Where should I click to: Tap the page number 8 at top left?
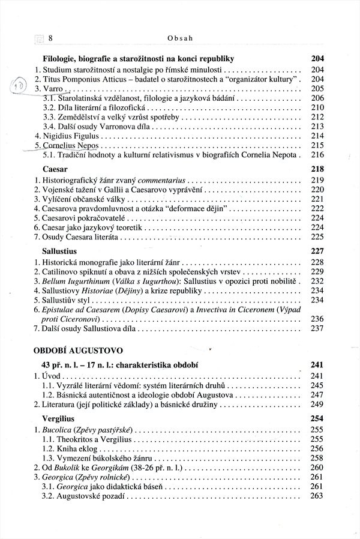coord(51,38)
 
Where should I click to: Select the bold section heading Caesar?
coord(55,169)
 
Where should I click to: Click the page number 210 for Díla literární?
coord(317,107)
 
